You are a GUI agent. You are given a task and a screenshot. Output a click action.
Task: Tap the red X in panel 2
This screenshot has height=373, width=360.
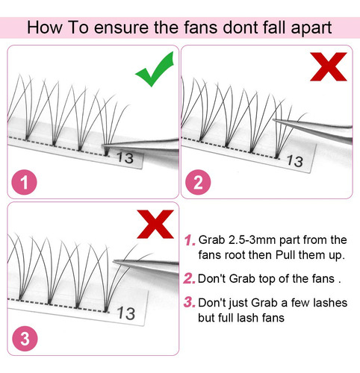[329, 66]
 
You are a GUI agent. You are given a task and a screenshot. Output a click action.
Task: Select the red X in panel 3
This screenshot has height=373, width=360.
[155, 225]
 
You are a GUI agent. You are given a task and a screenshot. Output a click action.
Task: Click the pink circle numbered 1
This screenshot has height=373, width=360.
[24, 182]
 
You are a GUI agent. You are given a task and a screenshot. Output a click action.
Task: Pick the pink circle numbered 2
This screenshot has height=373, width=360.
[198, 182]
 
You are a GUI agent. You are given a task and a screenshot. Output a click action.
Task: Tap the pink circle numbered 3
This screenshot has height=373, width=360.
[25, 339]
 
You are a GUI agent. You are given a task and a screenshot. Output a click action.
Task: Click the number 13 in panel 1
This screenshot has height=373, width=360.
[125, 157]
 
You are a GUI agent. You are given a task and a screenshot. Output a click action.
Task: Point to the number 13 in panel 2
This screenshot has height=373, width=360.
[295, 161]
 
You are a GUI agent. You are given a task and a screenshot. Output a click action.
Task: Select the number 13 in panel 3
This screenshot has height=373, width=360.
[126, 313]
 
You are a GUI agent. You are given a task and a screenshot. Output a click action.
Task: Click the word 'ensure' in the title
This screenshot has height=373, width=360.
[121, 28]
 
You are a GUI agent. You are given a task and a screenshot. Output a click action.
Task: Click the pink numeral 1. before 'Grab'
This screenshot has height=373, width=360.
[190, 240]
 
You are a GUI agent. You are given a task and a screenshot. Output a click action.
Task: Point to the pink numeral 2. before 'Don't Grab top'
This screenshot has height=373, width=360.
[189, 278]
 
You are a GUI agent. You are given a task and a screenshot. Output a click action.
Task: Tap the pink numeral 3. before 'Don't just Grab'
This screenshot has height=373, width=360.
[190, 302]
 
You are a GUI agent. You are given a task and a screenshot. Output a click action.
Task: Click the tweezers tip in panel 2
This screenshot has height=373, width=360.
[273, 120]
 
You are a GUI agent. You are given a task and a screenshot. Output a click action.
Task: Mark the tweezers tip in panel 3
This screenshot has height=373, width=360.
[114, 261]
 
